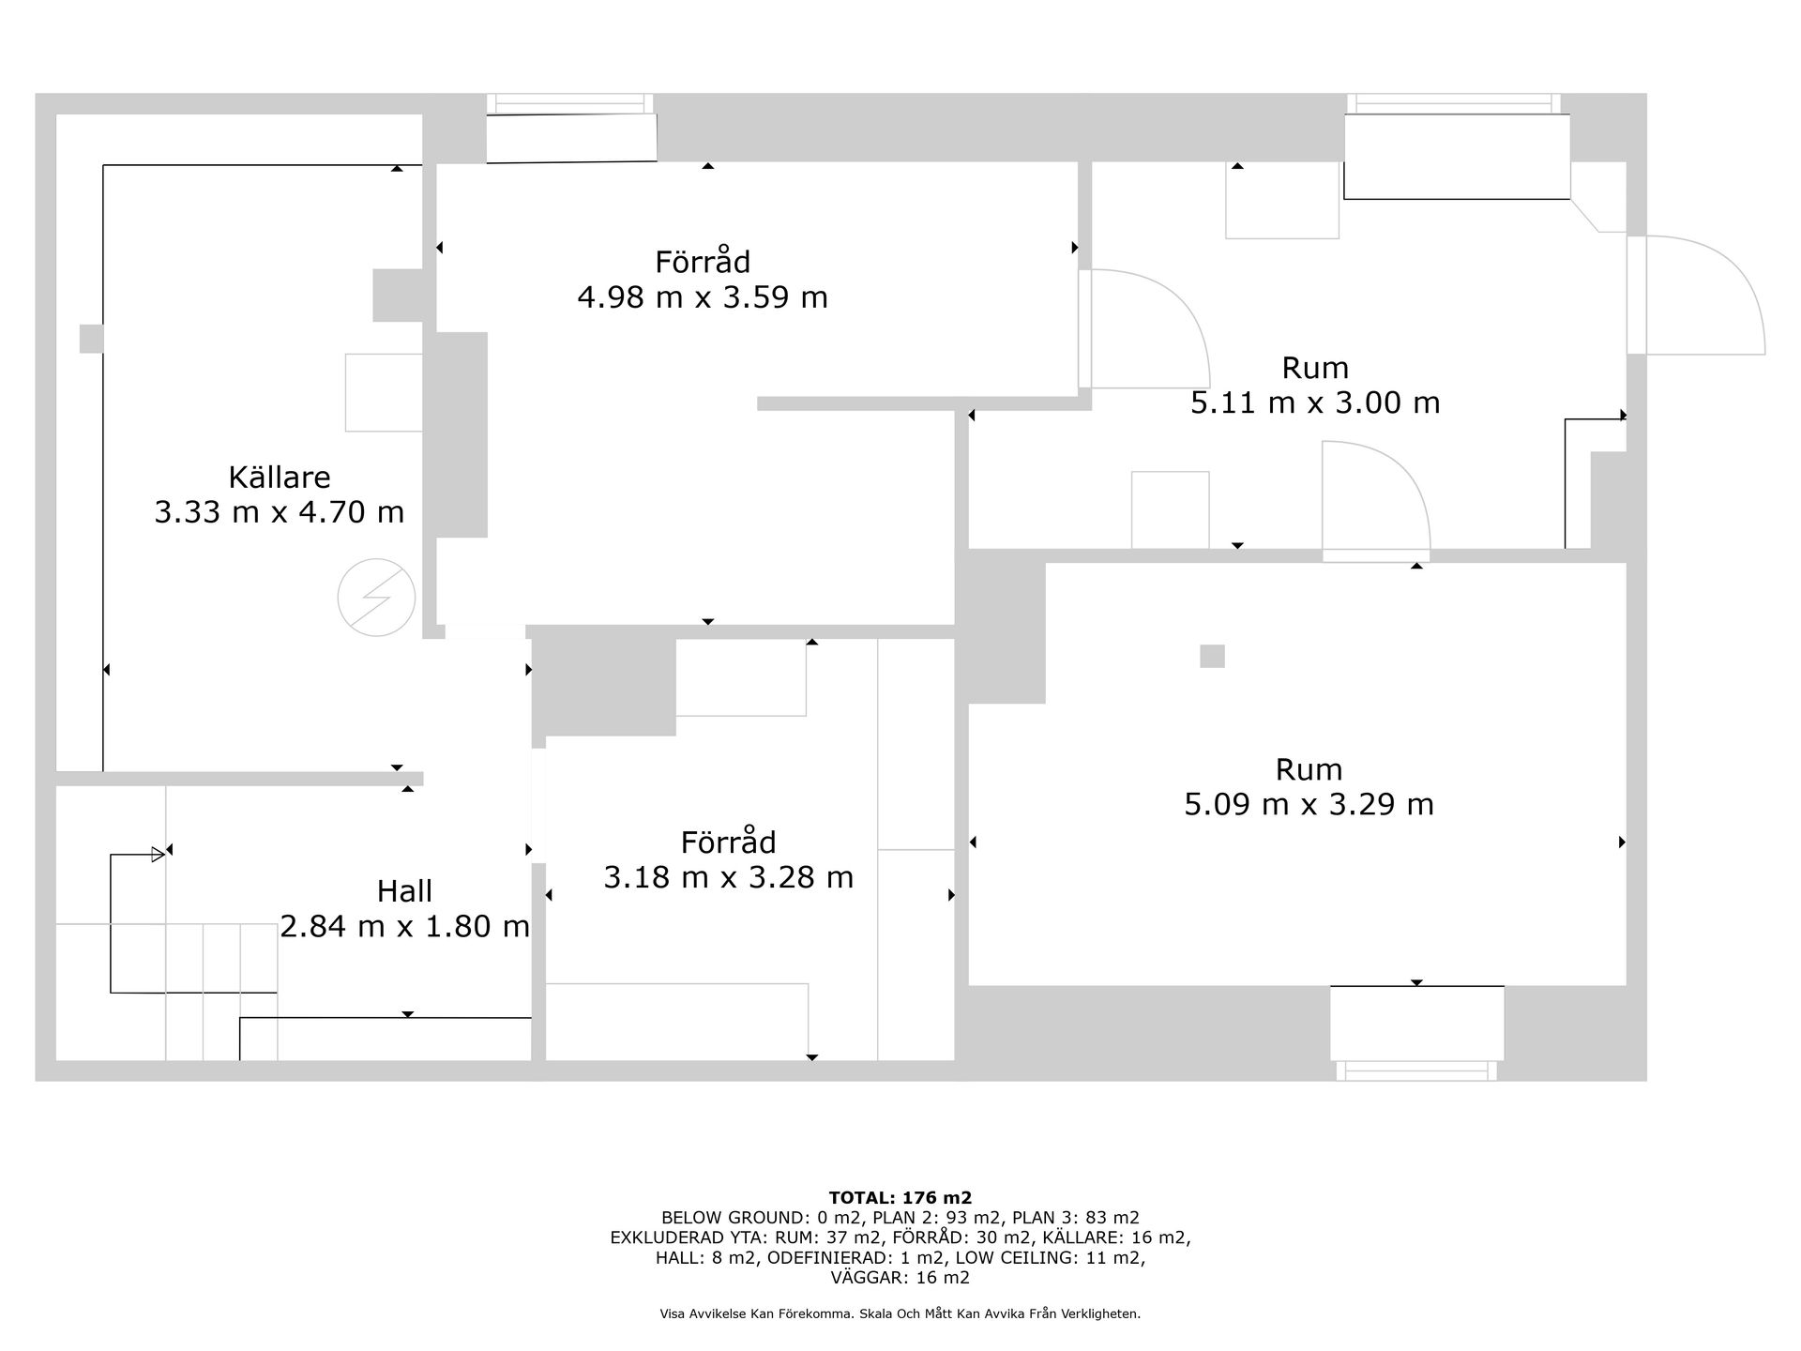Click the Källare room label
coord(280,478)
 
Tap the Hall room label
coord(404,890)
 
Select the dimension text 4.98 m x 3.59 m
coord(703,297)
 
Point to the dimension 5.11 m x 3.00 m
coord(1315,402)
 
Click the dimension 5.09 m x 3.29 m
coord(1309,805)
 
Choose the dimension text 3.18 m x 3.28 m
coord(728,877)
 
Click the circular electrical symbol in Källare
coord(376,598)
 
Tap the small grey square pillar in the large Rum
coord(1212,656)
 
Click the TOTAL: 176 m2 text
coord(900,1198)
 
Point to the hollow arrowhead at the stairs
coord(159,855)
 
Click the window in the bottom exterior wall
coord(1416,1070)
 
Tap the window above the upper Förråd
coord(570,103)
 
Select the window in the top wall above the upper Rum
coord(1454,103)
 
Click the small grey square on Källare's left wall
coord(91,339)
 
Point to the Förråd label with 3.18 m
coord(728,842)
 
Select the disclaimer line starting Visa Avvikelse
coord(900,1314)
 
